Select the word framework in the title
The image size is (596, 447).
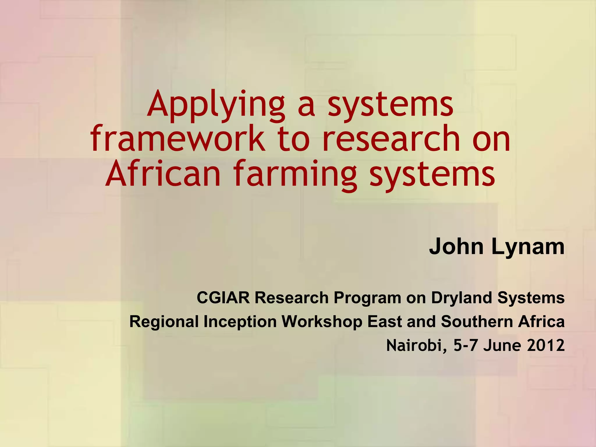178,139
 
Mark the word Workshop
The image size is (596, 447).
322,322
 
